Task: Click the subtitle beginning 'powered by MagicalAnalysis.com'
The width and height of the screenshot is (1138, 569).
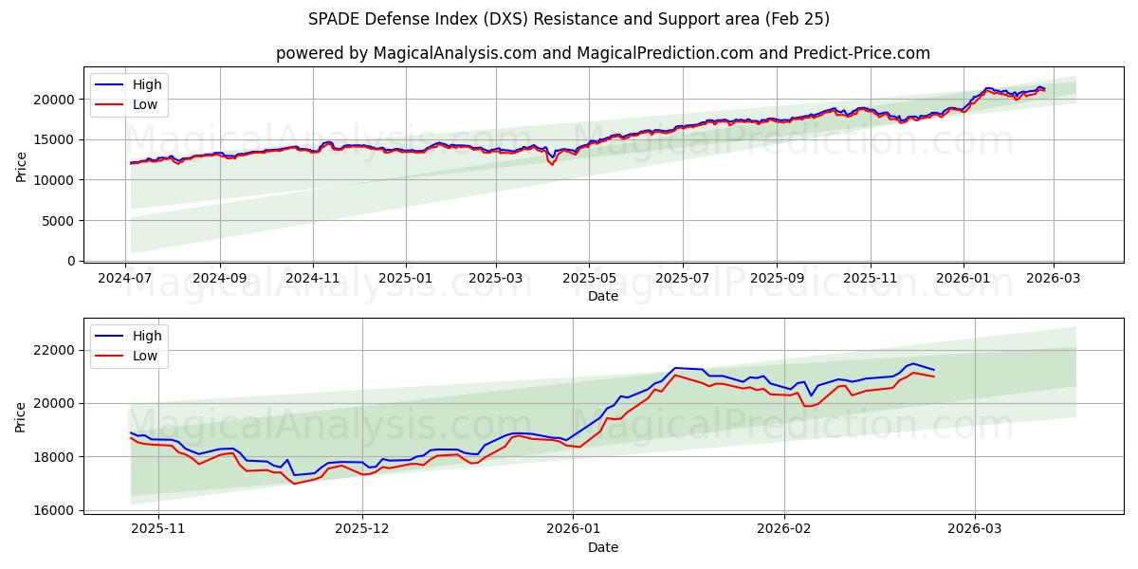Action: pyautogui.click(x=602, y=53)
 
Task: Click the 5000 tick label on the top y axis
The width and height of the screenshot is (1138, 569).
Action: pyautogui.click(x=59, y=221)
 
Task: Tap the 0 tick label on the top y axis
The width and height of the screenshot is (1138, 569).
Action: pyautogui.click(x=70, y=261)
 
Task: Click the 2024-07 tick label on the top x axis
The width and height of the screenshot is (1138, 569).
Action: pyautogui.click(x=126, y=279)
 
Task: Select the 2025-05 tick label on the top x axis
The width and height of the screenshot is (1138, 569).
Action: pyautogui.click(x=589, y=279)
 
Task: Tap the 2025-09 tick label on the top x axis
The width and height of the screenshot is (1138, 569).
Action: pyautogui.click(x=777, y=279)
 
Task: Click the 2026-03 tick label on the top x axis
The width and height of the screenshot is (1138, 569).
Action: pyautogui.click(x=1054, y=279)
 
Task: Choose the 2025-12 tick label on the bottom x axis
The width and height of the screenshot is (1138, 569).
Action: pyautogui.click(x=362, y=529)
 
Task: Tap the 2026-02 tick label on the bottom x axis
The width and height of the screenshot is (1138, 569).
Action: pyautogui.click(x=785, y=529)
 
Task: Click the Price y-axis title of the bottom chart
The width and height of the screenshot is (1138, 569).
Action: pyautogui.click(x=21, y=416)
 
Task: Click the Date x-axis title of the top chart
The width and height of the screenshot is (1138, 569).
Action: pyautogui.click(x=602, y=296)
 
